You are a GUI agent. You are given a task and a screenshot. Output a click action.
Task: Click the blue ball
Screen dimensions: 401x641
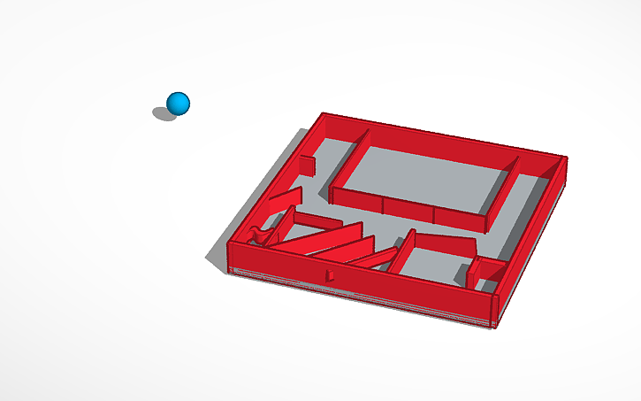pos(179,103)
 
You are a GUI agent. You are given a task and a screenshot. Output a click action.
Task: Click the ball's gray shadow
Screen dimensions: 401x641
pos(164,113)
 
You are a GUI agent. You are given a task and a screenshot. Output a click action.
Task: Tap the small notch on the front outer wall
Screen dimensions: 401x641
pos(330,277)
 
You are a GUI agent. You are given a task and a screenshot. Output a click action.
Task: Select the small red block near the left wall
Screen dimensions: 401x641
pos(308,165)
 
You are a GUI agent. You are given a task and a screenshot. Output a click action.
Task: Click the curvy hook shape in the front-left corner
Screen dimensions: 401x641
pos(261,235)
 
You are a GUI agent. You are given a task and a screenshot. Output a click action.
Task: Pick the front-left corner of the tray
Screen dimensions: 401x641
pos(230,253)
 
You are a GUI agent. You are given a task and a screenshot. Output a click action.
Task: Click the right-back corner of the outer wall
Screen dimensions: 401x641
pos(563,161)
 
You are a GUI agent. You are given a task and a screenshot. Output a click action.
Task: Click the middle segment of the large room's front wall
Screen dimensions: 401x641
pos(408,212)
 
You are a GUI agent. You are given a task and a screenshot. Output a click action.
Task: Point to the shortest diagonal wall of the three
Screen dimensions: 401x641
pos(380,258)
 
